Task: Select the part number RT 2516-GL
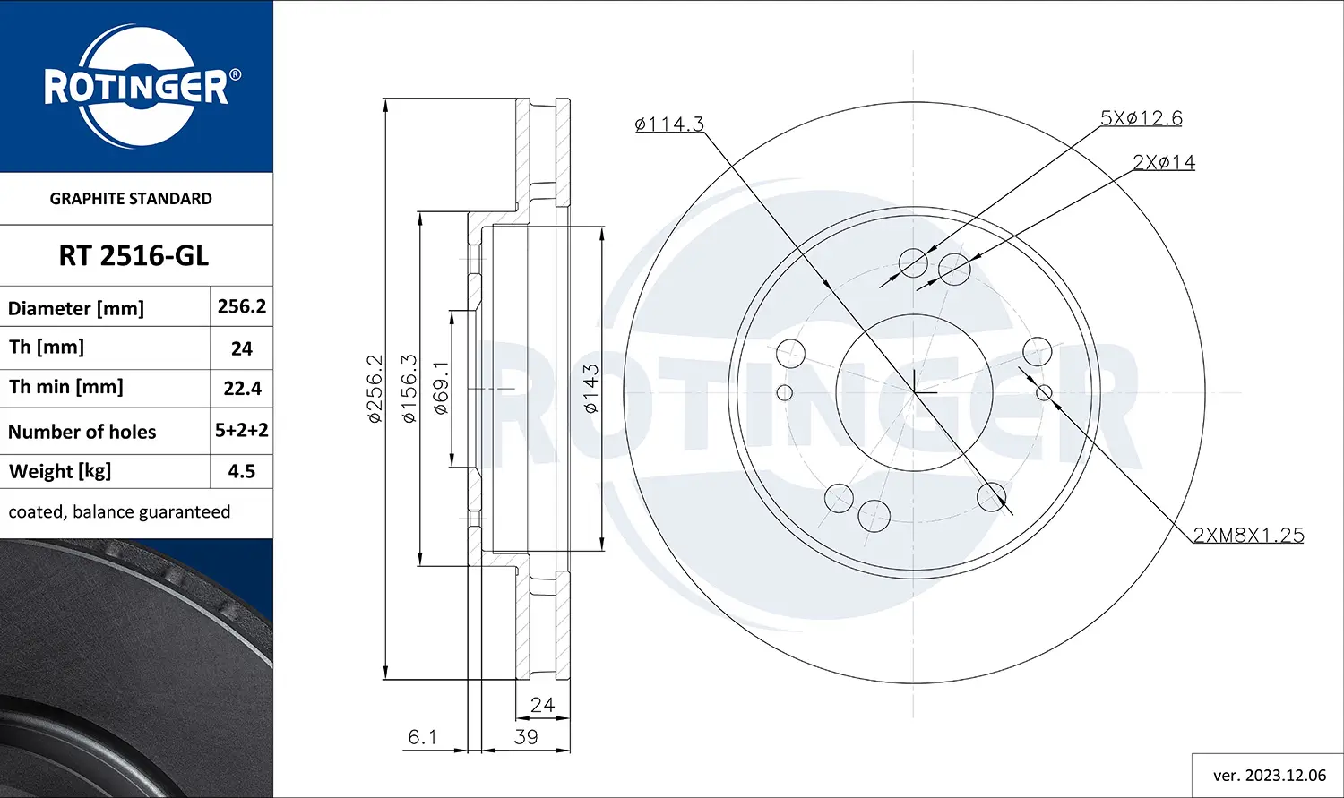[x=134, y=256]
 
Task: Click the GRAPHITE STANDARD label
[x=131, y=199]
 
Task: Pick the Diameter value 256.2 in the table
[x=242, y=306]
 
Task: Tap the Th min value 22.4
[x=242, y=389]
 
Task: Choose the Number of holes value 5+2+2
[x=242, y=431]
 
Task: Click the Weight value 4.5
[x=242, y=471]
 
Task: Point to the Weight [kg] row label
[x=60, y=471]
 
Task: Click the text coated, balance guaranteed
[x=119, y=512]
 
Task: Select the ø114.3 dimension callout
[x=669, y=124]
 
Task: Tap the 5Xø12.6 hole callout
[x=1141, y=118]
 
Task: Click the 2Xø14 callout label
[x=1163, y=162]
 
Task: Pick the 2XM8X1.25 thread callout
[x=1248, y=536]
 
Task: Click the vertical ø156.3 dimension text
[x=409, y=388]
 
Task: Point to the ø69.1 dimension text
[x=441, y=388]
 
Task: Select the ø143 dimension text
[x=590, y=389]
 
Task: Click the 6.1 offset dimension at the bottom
[x=422, y=737]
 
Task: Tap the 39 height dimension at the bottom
[x=526, y=737]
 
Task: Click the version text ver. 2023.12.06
[x=1269, y=776]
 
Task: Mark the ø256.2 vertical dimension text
[x=375, y=388]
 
